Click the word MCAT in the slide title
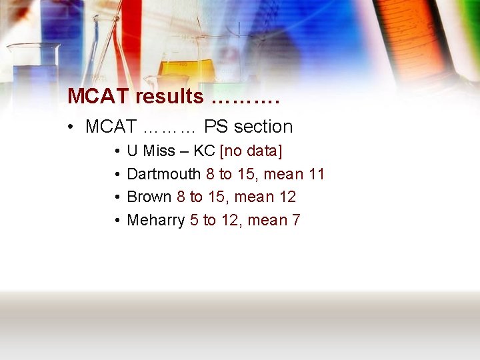coord(98,97)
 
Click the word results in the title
coord(169,97)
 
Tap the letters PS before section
coord(215,127)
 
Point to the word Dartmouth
coord(163,174)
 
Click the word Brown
coord(149,197)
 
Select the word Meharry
coord(155,220)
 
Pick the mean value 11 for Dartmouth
coord(316,174)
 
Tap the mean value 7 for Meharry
coord(295,220)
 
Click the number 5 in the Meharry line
coord(193,220)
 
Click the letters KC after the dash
coord(203,151)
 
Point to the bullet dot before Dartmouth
coord(116,175)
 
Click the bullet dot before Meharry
coord(116,221)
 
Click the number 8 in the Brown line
coord(181,197)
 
